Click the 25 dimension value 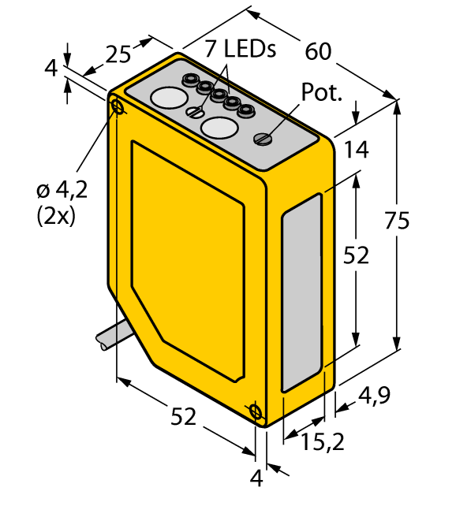pos(118,54)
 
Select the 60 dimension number pos(319,51)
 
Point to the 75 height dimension pos(397,221)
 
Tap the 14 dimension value pos(357,150)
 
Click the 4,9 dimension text pos(374,396)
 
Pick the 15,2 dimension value pos(323,442)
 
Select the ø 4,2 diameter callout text pos(62,191)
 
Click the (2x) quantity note pos(56,216)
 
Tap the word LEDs pos(250,49)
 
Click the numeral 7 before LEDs pos(211,49)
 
